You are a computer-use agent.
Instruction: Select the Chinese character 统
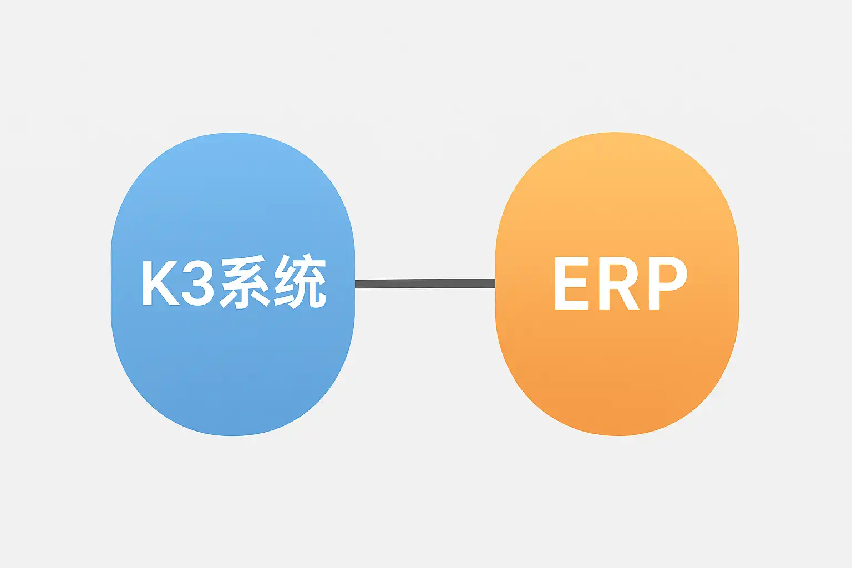coord(300,282)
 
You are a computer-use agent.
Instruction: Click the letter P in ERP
coord(667,283)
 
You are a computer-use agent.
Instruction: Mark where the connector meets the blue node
coord(356,284)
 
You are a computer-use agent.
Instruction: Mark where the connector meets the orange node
coord(495,284)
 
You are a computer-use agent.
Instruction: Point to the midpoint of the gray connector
coord(425,284)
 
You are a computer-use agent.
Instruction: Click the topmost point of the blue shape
coord(232,133)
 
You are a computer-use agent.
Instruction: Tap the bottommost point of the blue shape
coord(232,435)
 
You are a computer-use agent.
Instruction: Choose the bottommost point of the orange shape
coord(617,435)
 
